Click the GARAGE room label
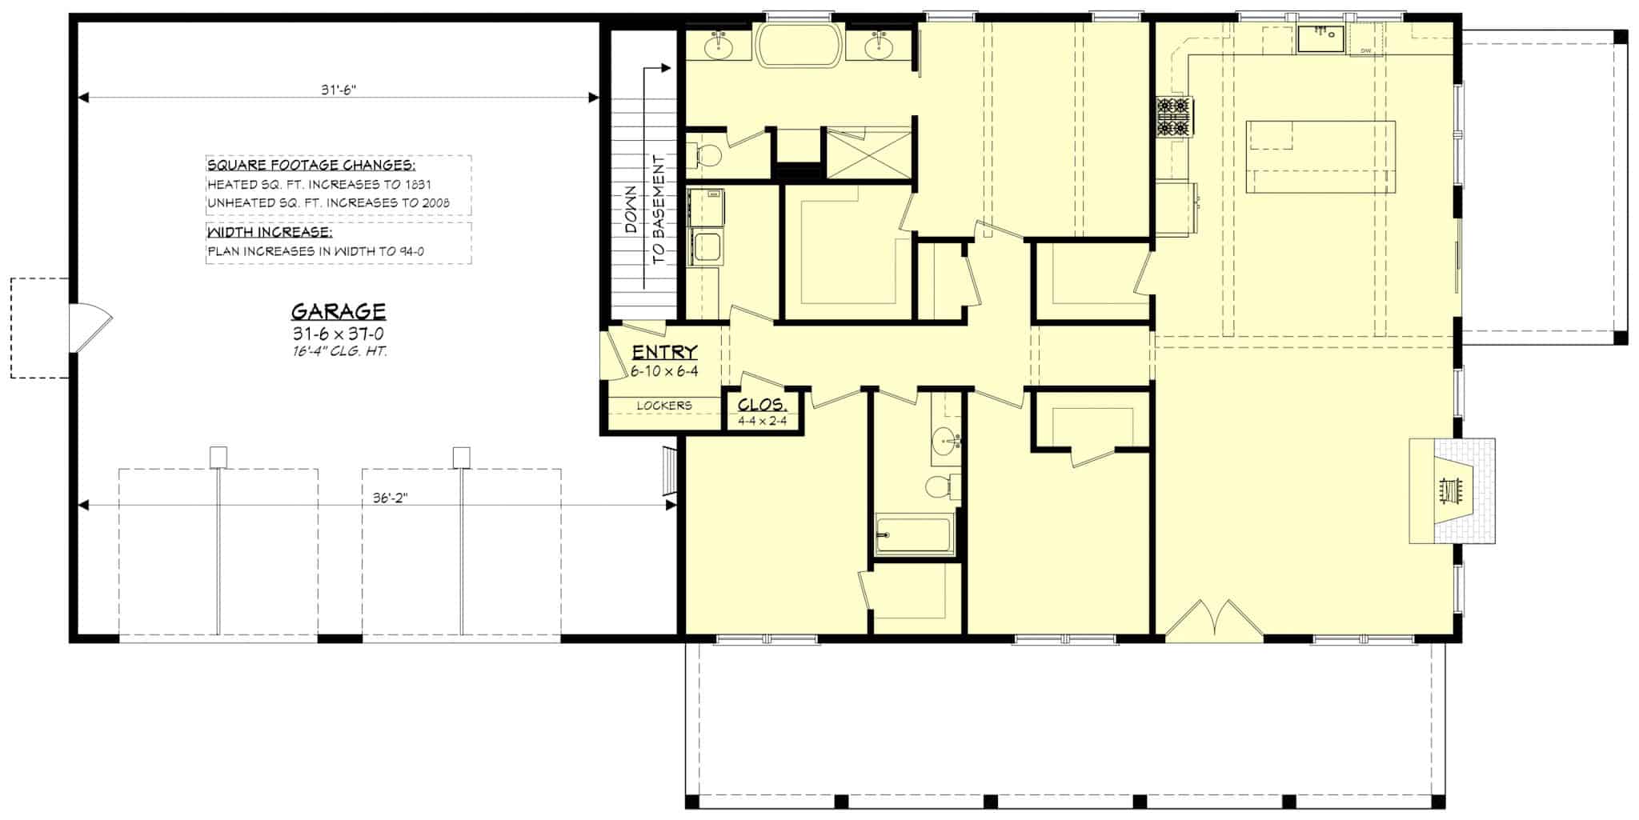pyautogui.click(x=338, y=311)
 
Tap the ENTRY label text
pyautogui.click(x=664, y=352)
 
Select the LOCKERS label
pyautogui.click(x=663, y=406)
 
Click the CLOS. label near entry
pyautogui.click(x=762, y=405)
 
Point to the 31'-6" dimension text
pyautogui.click(x=338, y=90)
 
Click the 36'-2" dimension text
pyautogui.click(x=391, y=497)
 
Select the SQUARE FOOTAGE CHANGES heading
pyautogui.click(x=311, y=166)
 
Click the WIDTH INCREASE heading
pyautogui.click(x=269, y=233)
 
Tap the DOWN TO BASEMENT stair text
pyautogui.click(x=644, y=210)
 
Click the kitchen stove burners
pyautogui.click(x=1173, y=117)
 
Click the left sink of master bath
pyautogui.click(x=719, y=47)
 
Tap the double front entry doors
pyautogui.click(x=1214, y=622)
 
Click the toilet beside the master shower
pyautogui.click(x=704, y=156)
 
